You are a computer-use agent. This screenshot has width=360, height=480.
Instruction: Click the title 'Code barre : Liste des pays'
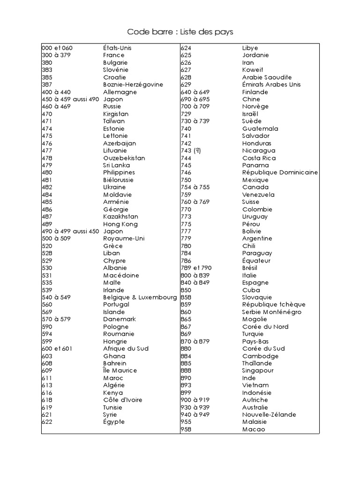[x=180, y=32]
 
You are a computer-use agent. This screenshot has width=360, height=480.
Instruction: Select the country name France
[x=114, y=55]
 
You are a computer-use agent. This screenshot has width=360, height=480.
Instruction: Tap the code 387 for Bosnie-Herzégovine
[x=47, y=85]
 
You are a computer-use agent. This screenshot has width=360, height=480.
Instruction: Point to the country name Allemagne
[x=120, y=92]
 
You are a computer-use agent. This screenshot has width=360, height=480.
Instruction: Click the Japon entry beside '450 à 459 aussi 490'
[x=113, y=99]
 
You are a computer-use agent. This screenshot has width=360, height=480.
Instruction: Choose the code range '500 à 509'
[x=56, y=239]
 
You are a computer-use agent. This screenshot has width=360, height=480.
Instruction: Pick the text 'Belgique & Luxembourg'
[x=140, y=297]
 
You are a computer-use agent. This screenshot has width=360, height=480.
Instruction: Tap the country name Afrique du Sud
[x=126, y=349]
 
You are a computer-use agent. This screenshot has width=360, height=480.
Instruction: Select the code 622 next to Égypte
[x=47, y=422]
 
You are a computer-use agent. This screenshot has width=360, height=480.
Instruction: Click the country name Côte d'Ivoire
[x=123, y=400]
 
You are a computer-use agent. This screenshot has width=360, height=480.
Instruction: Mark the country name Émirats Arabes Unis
[x=271, y=85]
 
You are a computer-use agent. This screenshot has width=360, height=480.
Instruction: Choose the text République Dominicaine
[x=280, y=172]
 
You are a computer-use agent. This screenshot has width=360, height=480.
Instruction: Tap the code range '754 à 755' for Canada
[x=195, y=187]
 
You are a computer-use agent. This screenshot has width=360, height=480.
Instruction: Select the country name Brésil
[x=250, y=268]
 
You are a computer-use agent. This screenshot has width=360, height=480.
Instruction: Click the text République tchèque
[x=274, y=305]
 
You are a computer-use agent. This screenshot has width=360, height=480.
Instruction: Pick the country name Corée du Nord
[x=265, y=327]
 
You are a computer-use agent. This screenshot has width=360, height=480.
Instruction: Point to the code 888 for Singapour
[x=186, y=371]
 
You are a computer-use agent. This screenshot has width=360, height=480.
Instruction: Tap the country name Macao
[x=254, y=429]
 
